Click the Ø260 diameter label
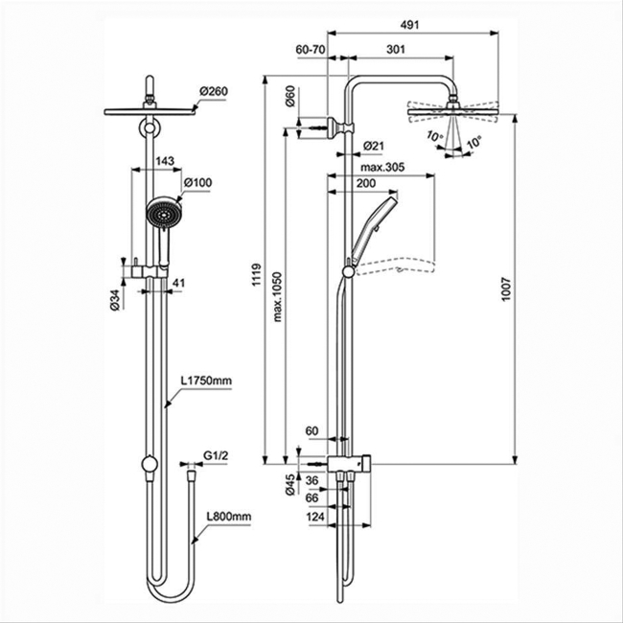(x=212, y=91)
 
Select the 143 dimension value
(x=164, y=161)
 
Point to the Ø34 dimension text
(x=114, y=300)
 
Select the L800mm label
(x=229, y=517)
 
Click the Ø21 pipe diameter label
(x=374, y=145)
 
